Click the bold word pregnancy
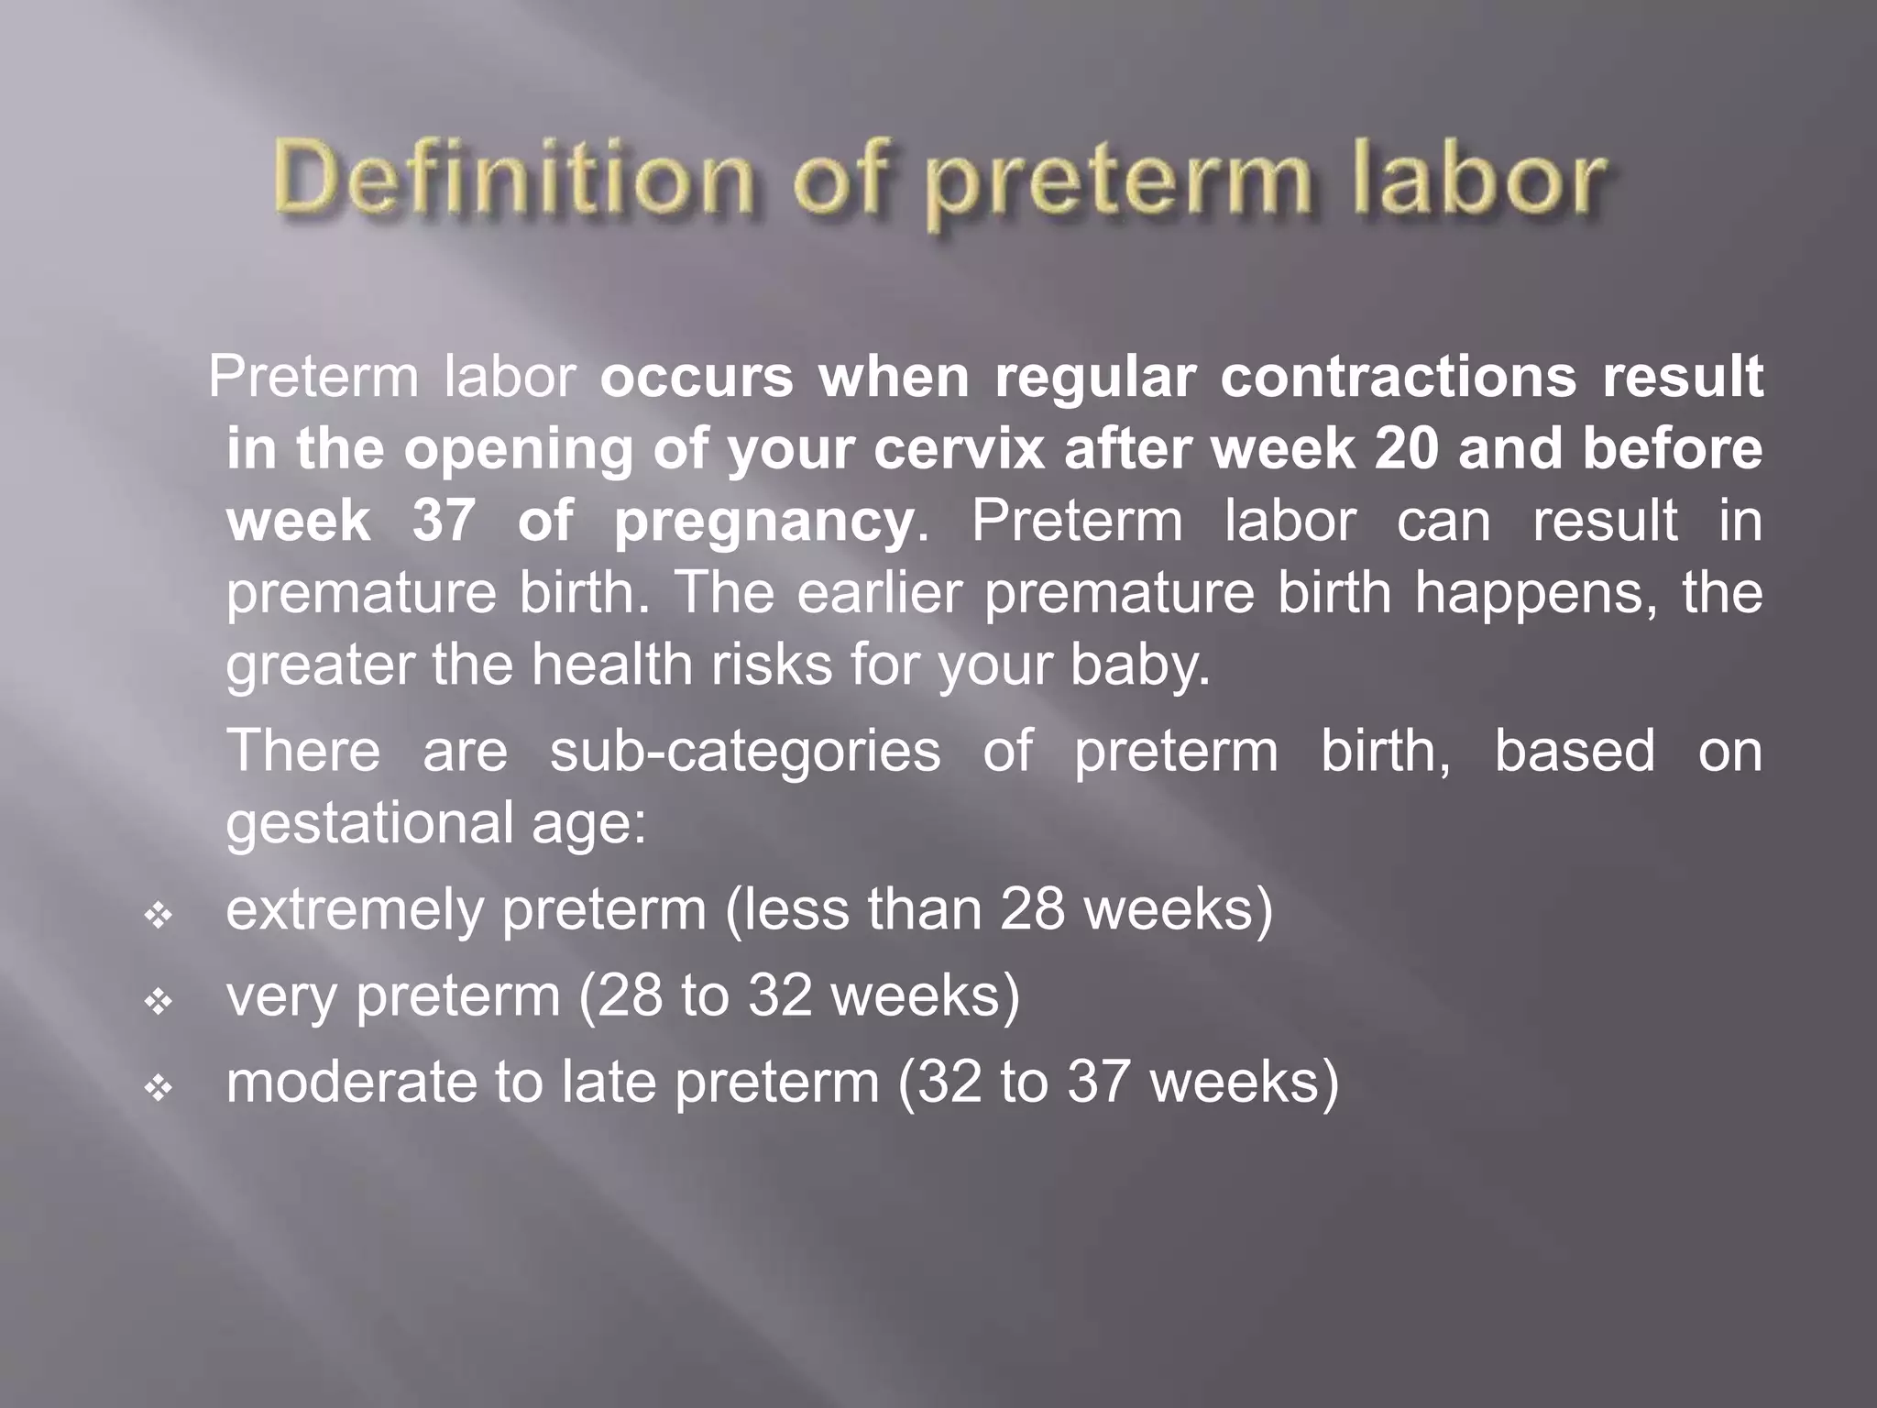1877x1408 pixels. tap(763, 522)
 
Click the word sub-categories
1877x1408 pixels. tap(745, 750)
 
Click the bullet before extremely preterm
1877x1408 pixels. tap(159, 915)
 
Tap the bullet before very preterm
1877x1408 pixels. tap(159, 1001)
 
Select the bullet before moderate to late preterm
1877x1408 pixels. tap(159, 1088)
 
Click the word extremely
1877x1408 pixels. tap(354, 909)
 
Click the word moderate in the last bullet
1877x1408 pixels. tap(351, 1082)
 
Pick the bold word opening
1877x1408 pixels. tap(518, 451)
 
